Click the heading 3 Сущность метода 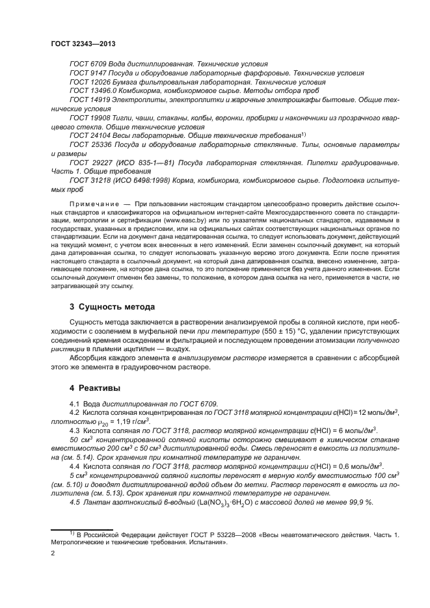click(112, 307)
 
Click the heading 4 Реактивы click(94, 388)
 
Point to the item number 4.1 click(74, 404)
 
